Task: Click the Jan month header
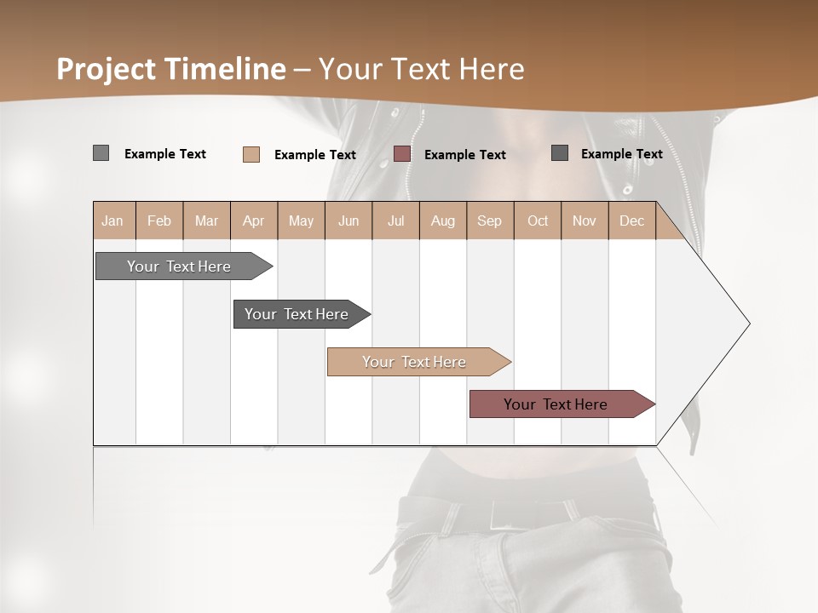pyautogui.click(x=112, y=221)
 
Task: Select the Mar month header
pyautogui.click(x=206, y=221)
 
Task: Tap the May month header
pyautogui.click(x=301, y=221)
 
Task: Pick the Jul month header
pyautogui.click(x=395, y=221)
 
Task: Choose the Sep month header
pyautogui.click(x=489, y=221)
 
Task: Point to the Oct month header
pyautogui.click(x=538, y=221)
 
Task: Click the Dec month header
pyautogui.click(x=631, y=221)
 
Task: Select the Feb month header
pyautogui.click(x=159, y=221)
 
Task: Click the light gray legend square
pyautogui.click(x=101, y=153)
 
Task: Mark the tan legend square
pyautogui.click(x=251, y=154)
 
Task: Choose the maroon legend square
pyautogui.click(x=402, y=154)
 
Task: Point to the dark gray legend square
pyautogui.click(x=559, y=153)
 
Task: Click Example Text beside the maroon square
pyautogui.click(x=464, y=155)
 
